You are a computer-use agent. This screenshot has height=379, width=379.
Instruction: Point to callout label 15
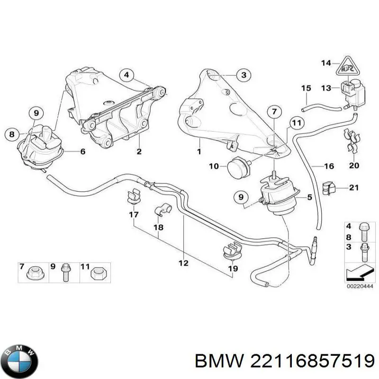click(x=306, y=88)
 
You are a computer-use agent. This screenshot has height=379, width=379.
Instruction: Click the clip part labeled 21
click(x=327, y=188)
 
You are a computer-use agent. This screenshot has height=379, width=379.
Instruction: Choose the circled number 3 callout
click(x=243, y=75)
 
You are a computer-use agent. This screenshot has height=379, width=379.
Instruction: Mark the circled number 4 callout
click(x=127, y=74)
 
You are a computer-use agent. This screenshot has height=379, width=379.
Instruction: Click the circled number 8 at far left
click(x=12, y=134)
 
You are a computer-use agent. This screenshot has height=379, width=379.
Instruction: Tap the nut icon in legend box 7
click(x=34, y=272)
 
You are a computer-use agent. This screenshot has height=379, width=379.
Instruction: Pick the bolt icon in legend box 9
click(x=65, y=272)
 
